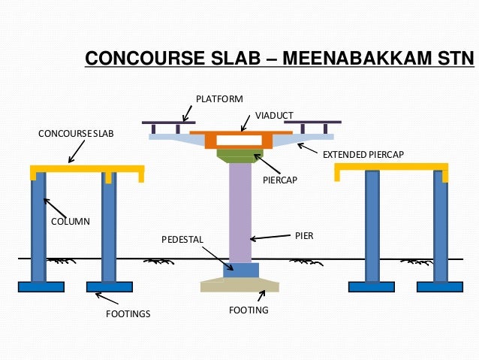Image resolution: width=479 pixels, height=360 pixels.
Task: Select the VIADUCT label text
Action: [274, 115]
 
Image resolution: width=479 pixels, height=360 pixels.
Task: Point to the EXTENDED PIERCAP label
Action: [363, 155]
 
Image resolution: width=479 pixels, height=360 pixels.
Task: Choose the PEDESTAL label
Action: [182, 239]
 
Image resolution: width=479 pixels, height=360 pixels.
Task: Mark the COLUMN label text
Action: [70, 222]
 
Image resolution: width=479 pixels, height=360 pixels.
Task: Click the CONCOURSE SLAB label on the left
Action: [76, 134]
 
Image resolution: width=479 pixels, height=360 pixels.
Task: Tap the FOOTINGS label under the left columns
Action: [128, 313]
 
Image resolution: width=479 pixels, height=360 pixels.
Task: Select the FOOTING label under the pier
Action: [249, 310]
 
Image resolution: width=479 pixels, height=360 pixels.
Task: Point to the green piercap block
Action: [236, 156]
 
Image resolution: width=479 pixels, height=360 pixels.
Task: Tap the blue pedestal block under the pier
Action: [241, 270]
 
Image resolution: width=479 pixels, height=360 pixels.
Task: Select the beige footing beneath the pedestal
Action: [239, 286]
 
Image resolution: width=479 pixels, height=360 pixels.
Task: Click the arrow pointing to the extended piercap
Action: [307, 147]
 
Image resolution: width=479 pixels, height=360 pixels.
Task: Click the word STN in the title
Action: [450, 59]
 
